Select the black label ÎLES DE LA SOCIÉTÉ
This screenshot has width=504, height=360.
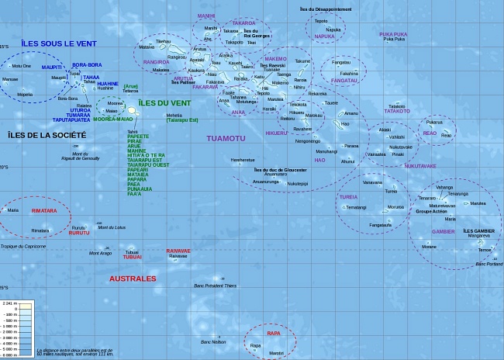tap(47, 135)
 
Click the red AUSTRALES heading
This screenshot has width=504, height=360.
tap(132, 278)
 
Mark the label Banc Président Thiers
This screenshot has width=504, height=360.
tap(215, 286)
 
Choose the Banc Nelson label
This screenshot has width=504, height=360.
tap(213, 341)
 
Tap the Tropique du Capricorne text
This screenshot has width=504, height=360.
tap(23, 246)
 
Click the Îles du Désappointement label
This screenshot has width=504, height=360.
tap(325, 9)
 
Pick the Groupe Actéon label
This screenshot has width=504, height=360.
tap(432, 211)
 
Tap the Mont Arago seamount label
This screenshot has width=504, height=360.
tap(100, 253)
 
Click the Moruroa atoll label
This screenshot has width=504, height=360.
tap(395, 207)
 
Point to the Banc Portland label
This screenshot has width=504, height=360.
tap(489, 264)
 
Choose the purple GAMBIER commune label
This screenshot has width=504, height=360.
tap(444, 231)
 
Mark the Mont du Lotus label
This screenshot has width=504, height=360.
tap(112, 227)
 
